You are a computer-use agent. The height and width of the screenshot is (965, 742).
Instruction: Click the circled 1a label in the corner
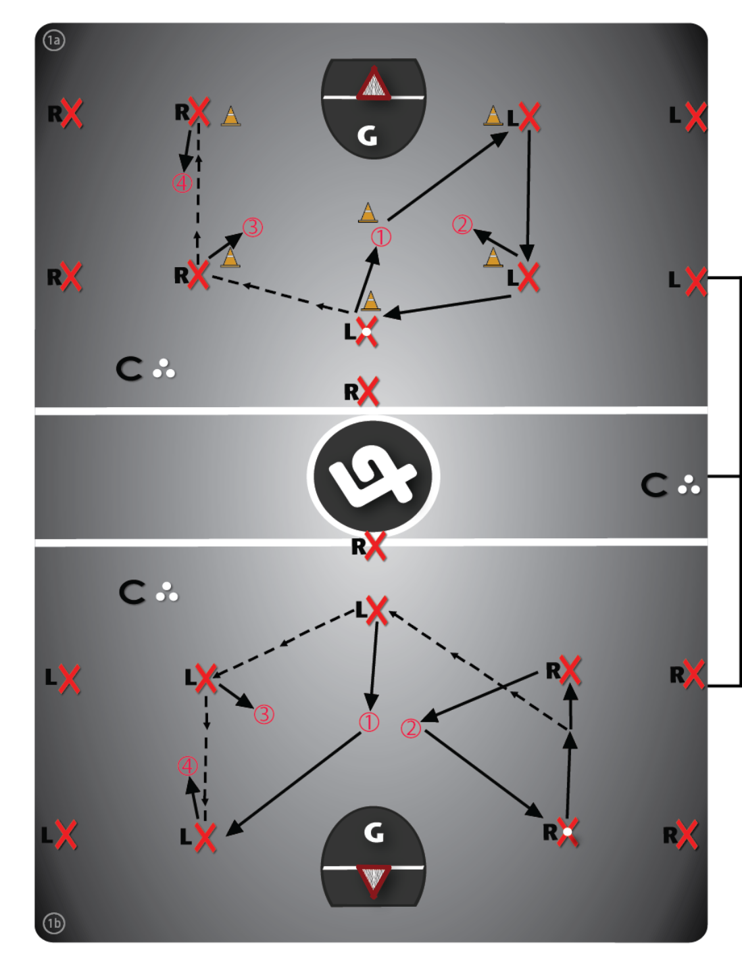coord(53,41)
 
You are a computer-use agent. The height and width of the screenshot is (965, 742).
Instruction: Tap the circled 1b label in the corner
coord(54,922)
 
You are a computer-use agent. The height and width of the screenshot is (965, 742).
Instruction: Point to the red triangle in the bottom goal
coord(374,880)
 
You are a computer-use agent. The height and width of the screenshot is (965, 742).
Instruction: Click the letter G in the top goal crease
coord(367,136)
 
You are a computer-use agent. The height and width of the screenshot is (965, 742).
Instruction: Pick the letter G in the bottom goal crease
coord(374,832)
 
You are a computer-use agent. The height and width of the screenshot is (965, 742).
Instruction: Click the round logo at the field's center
coord(373,475)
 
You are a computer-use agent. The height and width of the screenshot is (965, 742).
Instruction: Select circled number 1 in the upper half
coord(381,237)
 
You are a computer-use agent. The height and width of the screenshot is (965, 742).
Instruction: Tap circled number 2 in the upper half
coord(462,225)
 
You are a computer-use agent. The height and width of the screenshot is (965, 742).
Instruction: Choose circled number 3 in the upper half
coord(253,227)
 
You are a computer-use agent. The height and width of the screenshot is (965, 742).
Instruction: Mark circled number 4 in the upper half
coord(182,183)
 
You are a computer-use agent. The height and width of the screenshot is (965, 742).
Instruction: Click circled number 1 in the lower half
coord(369,722)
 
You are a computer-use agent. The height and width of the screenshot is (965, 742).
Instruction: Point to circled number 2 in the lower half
coord(411,728)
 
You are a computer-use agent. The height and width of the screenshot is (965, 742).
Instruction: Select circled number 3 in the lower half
coord(264,714)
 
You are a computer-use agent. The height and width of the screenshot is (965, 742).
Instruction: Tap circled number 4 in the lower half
coord(187,766)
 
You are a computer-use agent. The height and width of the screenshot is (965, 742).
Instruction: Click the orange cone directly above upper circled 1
coord(368,212)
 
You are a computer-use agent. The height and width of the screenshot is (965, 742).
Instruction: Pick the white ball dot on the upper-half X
coord(366,331)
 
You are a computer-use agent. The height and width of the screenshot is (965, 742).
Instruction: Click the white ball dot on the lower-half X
coord(568,830)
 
